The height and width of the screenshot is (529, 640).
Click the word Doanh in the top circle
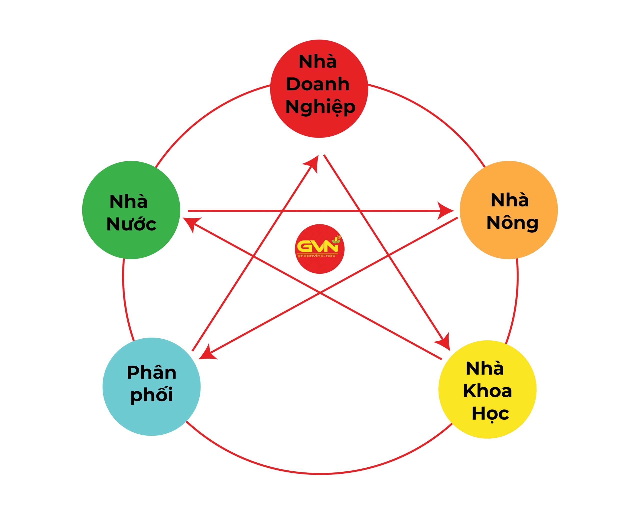(x=317, y=84)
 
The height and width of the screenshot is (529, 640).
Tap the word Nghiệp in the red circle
(x=320, y=107)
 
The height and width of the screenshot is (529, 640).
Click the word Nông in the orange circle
(x=512, y=223)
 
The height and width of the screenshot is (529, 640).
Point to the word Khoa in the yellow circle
(x=487, y=391)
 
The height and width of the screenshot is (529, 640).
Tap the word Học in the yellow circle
(x=490, y=413)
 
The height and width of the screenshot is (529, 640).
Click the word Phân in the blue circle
(x=152, y=372)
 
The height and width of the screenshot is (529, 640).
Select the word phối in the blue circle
(x=152, y=395)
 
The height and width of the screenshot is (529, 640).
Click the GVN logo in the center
(x=317, y=246)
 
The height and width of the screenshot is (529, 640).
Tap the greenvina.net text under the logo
(x=316, y=256)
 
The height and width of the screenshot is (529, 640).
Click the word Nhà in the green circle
(x=128, y=201)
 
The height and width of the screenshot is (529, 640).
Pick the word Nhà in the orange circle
(x=510, y=200)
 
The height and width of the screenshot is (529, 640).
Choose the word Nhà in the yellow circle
(x=485, y=368)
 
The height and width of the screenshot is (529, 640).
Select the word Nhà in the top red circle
(x=317, y=62)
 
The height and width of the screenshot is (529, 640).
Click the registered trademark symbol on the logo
(x=339, y=237)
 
